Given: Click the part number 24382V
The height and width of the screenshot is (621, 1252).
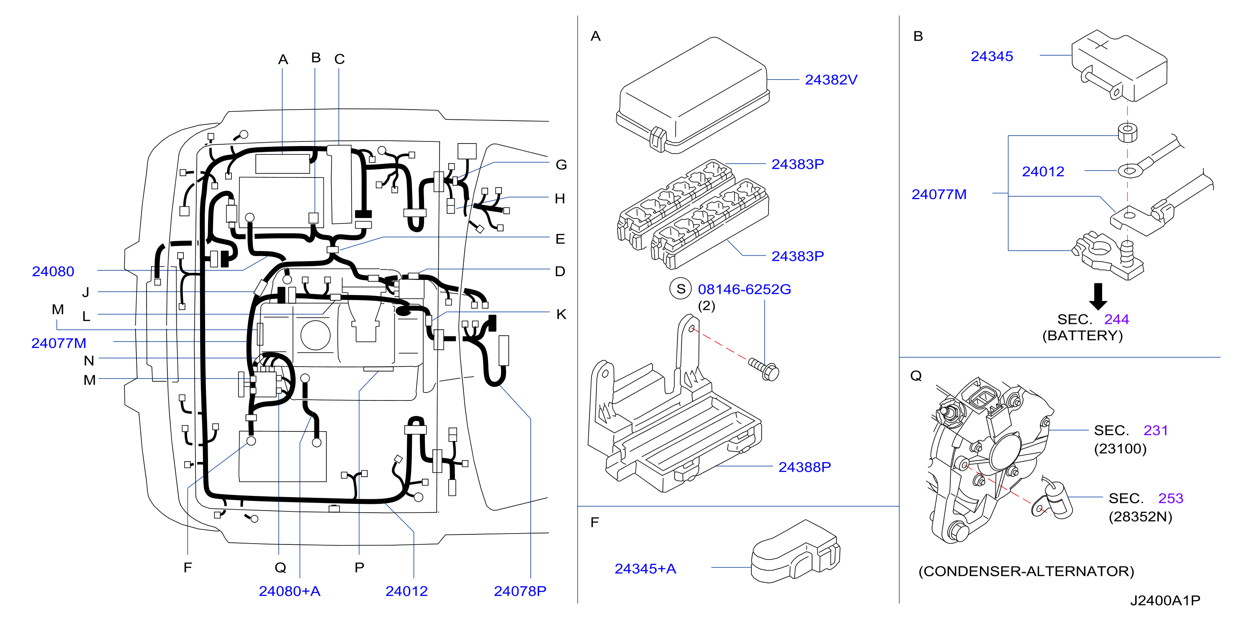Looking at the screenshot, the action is [830, 80].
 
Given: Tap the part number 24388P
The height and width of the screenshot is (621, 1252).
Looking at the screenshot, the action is [805, 467].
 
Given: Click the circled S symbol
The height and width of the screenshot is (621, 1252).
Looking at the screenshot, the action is [681, 289].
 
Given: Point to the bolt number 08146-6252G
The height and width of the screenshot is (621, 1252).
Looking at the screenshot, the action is [744, 290].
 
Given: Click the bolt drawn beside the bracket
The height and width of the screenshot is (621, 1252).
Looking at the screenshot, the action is [764, 370].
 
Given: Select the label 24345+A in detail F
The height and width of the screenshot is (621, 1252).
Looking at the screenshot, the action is [645, 569].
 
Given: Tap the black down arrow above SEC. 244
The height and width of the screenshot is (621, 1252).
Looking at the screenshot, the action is [1098, 296].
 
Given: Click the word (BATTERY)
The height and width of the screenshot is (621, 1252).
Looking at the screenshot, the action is [1082, 335].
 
